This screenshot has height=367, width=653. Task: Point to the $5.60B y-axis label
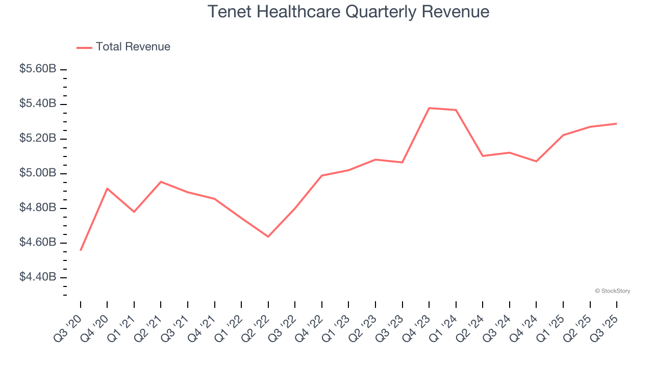tap(38, 69)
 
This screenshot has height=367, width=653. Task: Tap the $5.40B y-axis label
tap(38, 104)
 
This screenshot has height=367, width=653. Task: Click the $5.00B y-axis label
tap(38, 173)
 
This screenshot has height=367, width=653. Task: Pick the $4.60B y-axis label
tap(38, 243)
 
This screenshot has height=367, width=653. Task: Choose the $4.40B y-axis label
tap(38, 277)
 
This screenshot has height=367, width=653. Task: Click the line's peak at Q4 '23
tap(429, 108)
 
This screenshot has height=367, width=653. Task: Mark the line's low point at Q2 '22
tap(268, 237)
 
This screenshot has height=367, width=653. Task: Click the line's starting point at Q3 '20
tap(81, 250)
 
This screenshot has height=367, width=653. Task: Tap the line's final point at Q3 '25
tap(617, 123)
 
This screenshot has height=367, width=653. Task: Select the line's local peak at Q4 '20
tap(107, 189)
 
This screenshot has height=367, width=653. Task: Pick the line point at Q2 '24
tap(483, 156)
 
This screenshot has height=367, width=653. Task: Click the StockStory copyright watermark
tap(612, 291)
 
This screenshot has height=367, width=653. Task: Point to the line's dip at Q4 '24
tap(536, 161)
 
